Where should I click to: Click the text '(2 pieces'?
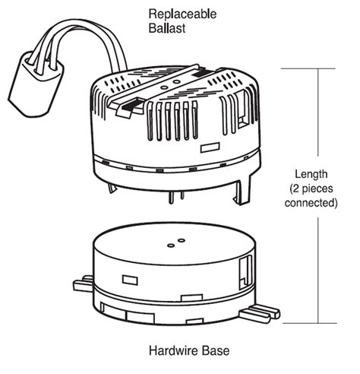click(x=313, y=189)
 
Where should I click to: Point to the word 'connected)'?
click(x=313, y=203)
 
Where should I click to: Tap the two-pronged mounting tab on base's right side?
click(x=265, y=311)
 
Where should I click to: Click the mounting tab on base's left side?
click(x=82, y=287)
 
